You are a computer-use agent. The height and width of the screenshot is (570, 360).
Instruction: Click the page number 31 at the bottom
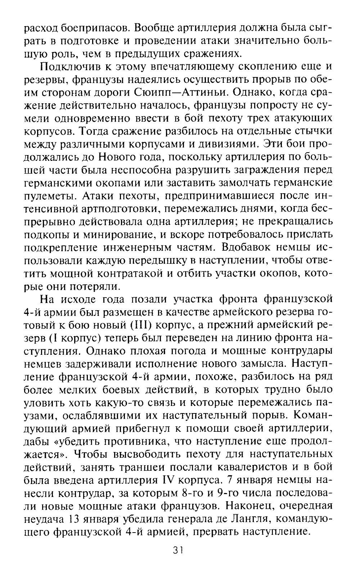(178, 550)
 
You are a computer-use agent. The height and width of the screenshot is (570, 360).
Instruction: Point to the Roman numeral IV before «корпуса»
(165, 481)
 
